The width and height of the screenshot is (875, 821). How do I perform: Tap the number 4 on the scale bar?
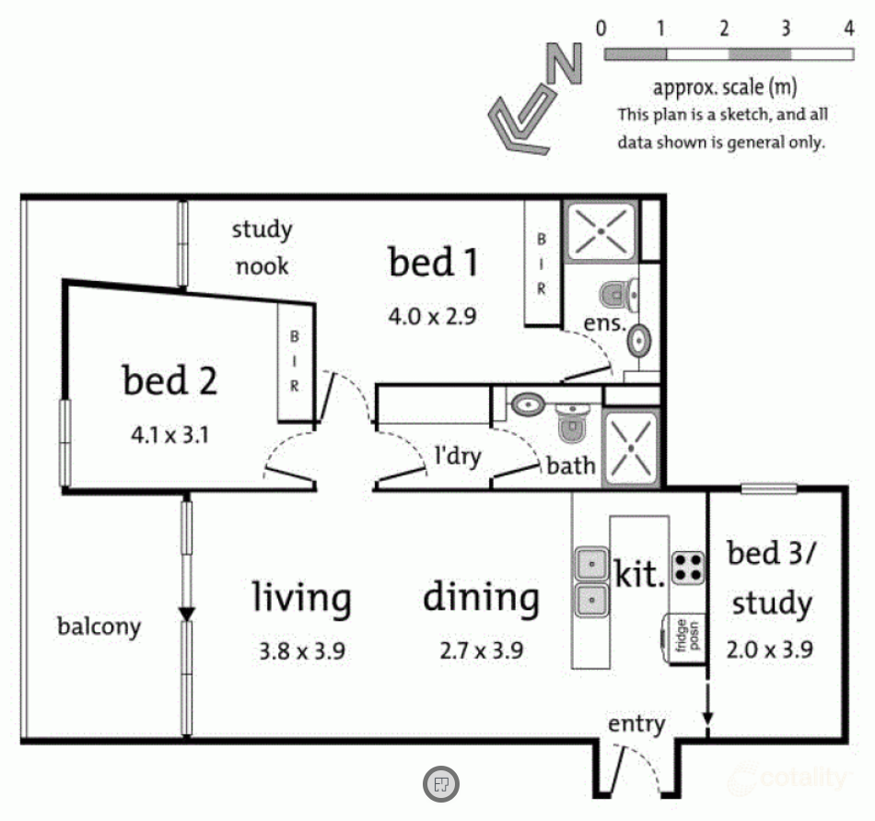[849, 28]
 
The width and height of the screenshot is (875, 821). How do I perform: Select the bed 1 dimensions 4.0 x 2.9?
[433, 316]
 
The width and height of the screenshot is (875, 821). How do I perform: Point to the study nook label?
[262, 248]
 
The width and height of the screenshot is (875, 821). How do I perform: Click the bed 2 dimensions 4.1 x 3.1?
[169, 435]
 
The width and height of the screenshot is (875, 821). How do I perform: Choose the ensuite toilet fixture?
[619, 294]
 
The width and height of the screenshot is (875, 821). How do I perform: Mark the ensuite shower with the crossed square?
[601, 231]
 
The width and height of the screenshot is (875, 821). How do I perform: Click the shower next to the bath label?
[631, 449]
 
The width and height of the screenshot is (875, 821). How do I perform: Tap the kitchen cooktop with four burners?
[687, 568]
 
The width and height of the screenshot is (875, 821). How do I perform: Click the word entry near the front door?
[636, 724]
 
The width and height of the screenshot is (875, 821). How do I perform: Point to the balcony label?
[99, 627]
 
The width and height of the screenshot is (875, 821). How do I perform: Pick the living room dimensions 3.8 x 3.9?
[302, 651]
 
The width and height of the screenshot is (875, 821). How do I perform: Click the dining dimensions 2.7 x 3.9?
[482, 651]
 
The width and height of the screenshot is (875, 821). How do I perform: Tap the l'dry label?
[458, 456]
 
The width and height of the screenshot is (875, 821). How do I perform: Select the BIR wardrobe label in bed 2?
[294, 361]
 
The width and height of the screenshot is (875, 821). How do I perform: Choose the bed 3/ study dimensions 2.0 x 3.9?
[769, 650]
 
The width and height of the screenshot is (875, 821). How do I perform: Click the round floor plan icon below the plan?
[441, 783]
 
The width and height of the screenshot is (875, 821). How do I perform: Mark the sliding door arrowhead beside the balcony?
[186, 614]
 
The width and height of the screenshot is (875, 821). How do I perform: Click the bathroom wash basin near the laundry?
[528, 405]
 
